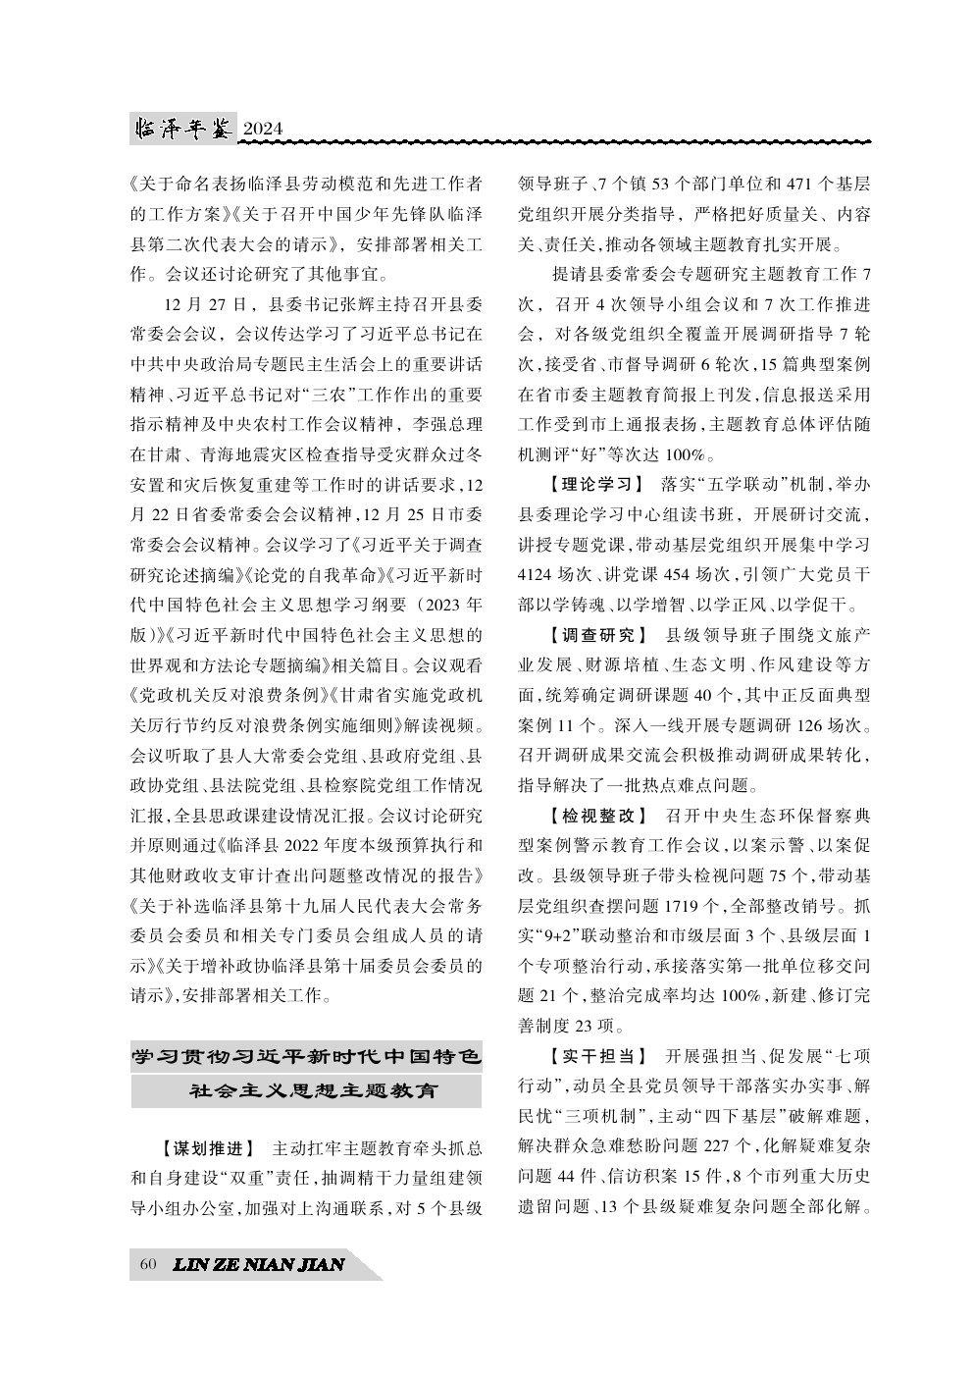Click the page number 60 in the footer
coord(148,1264)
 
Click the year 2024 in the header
coord(262,129)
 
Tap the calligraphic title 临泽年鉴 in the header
coord(183,128)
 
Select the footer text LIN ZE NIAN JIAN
coord(258,1264)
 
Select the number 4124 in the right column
coord(538,574)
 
